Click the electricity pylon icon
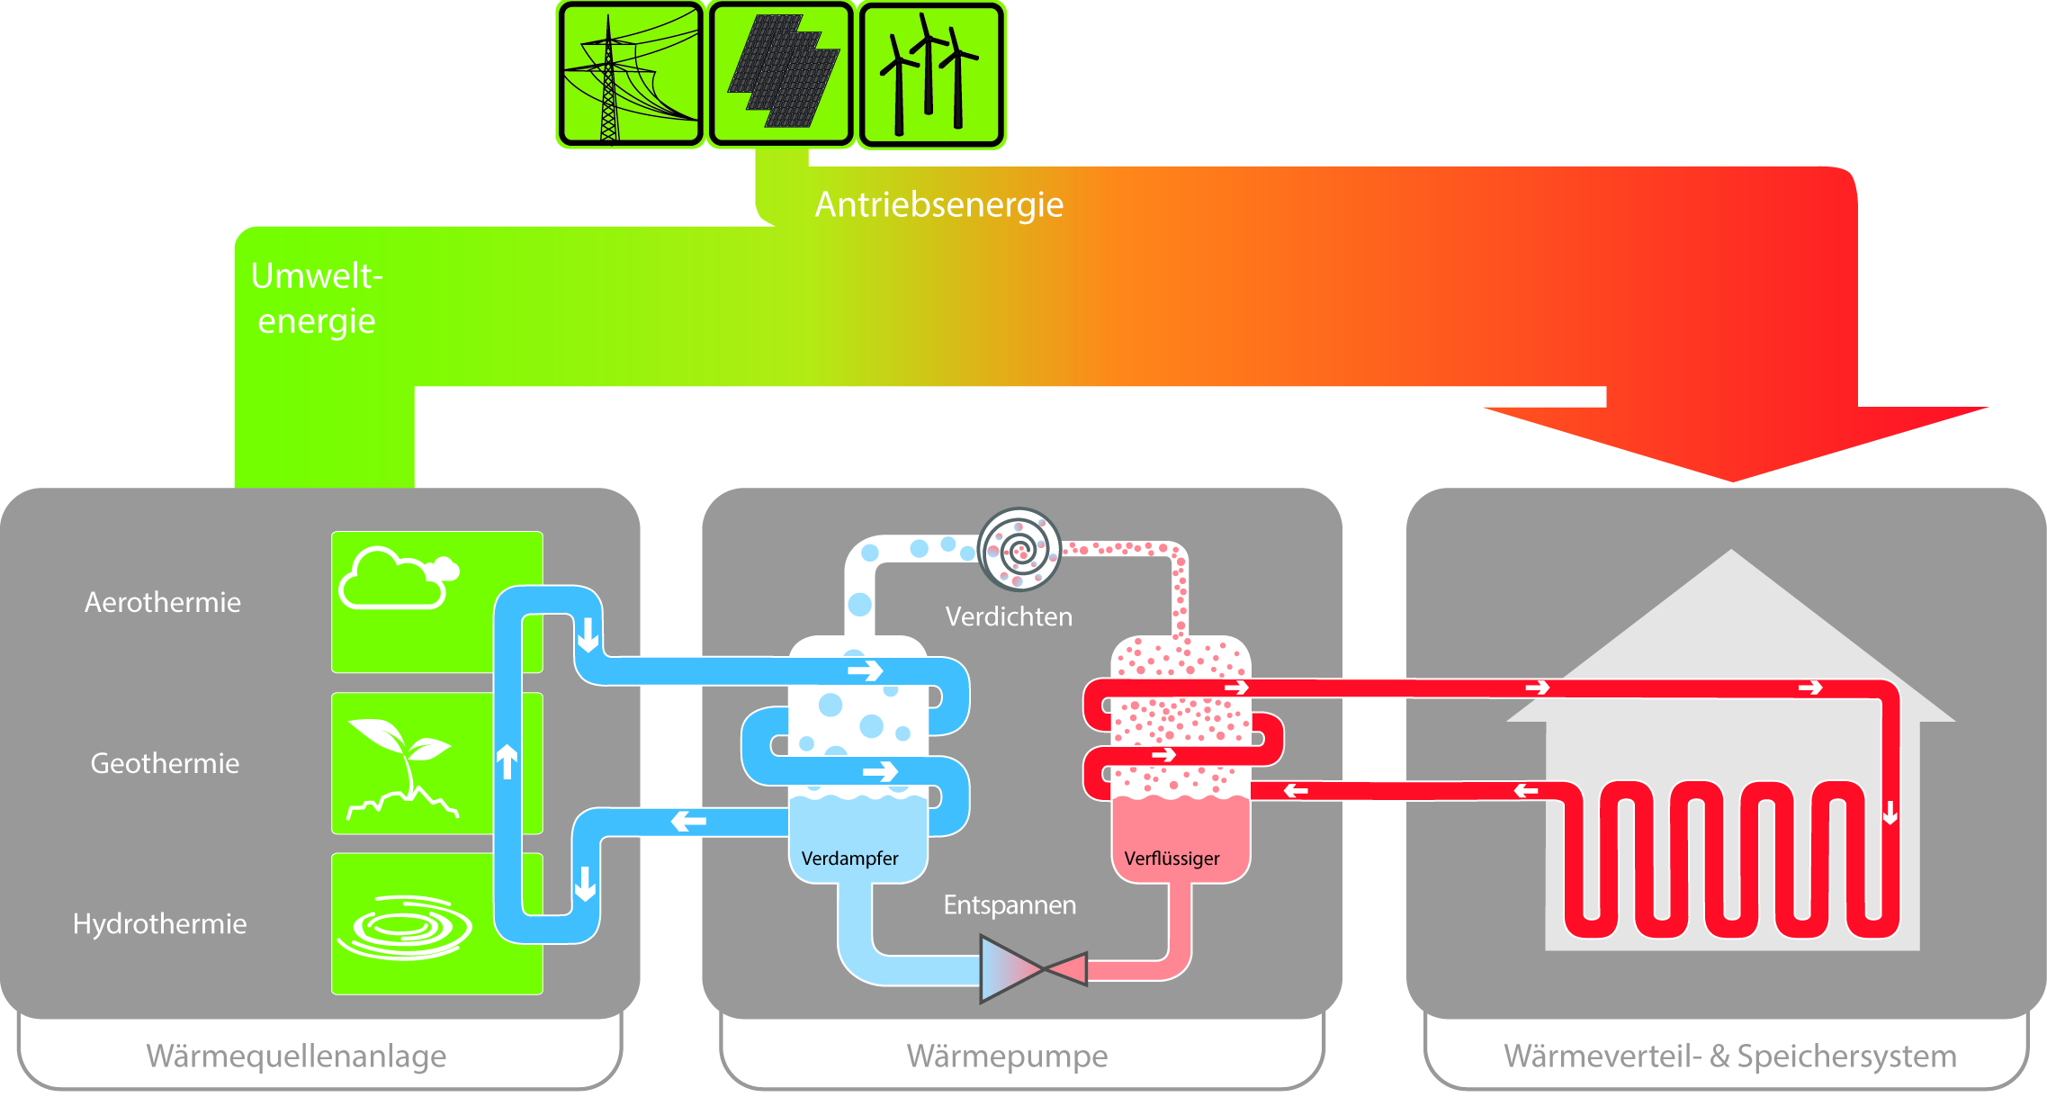[x=629, y=75]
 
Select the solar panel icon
[x=780, y=75]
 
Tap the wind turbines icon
[x=930, y=75]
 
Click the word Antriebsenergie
[x=938, y=205]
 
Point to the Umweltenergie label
[x=316, y=298]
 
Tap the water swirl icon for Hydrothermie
[x=405, y=927]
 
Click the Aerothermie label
[x=163, y=602]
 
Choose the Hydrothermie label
[x=159, y=924]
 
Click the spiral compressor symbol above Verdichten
[x=1019, y=549]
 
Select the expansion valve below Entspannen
[x=1033, y=969]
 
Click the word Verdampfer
[x=849, y=859]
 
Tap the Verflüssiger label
[x=1172, y=859]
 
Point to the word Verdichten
[x=1009, y=617]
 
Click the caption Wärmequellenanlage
[x=296, y=1056]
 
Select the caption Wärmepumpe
[x=1007, y=1056]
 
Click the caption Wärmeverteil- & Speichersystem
[x=1729, y=1056]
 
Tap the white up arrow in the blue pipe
[x=507, y=761]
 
